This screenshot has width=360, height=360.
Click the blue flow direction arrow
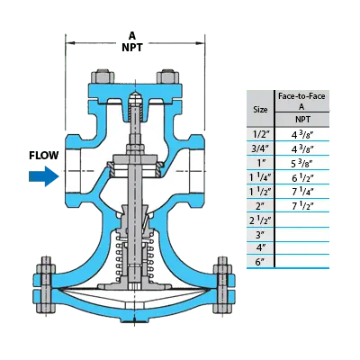click(x=43, y=176)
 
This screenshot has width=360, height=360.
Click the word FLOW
click(x=44, y=156)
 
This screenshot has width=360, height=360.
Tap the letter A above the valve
click(x=132, y=36)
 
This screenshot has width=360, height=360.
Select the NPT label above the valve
click(x=132, y=48)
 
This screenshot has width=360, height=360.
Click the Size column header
click(x=260, y=110)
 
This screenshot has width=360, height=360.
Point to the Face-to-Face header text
click(x=301, y=96)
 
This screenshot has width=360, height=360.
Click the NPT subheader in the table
click(x=302, y=120)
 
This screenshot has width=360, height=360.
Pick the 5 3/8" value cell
click(x=302, y=163)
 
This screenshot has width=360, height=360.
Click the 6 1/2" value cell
click(x=302, y=177)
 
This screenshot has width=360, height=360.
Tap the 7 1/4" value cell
click(x=302, y=192)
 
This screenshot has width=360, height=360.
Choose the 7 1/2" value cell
click(x=302, y=206)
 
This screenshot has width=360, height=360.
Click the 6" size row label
click(x=261, y=262)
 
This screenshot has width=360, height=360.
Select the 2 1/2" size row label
click(x=260, y=220)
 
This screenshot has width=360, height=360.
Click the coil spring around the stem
click(x=132, y=257)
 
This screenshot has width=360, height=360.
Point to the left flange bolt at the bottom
click(x=45, y=285)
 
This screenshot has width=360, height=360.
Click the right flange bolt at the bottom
click(x=222, y=285)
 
